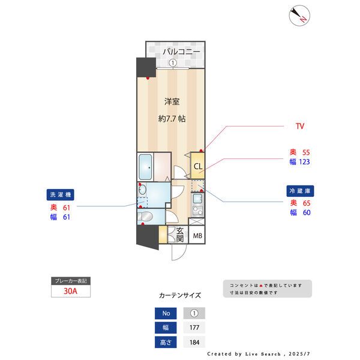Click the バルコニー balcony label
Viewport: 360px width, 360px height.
[180, 52]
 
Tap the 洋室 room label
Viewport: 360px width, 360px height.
[172, 101]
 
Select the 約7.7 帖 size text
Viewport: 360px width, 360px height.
[172, 119]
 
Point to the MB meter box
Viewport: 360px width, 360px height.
[197, 235]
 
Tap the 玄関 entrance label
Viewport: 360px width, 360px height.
[179, 234]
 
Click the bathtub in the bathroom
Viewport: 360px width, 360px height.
[145, 166]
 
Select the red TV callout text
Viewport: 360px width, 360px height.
[300, 127]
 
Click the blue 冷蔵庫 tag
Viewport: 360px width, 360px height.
[300, 191]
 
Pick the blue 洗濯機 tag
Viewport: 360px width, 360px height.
[61, 195]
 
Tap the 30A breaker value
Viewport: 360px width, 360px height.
[71, 292]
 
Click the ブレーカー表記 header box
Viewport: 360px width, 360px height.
[71, 280]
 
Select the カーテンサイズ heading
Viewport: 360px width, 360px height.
[179, 295]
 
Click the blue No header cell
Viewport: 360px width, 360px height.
[166, 313]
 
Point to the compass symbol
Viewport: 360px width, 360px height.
[298, 16]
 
